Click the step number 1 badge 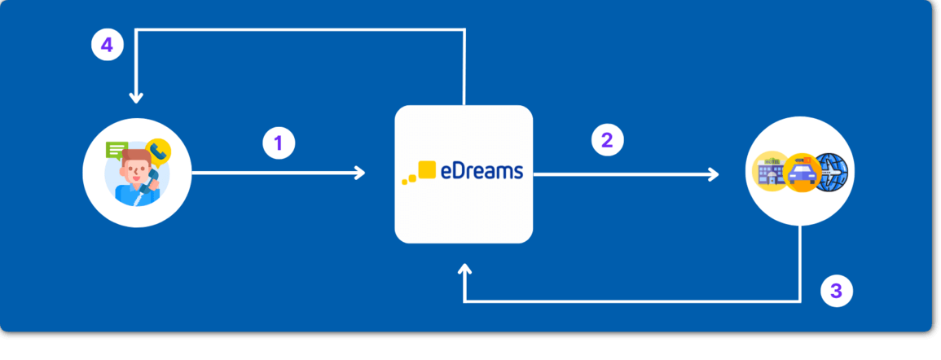click(279, 144)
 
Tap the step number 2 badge click(607, 140)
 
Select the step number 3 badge click(836, 289)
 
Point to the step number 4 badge click(107, 46)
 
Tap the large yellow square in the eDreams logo click(426, 169)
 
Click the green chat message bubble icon click(117, 151)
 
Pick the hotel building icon click(769, 169)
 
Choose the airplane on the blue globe click(831, 171)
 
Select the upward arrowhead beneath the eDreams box click(464, 270)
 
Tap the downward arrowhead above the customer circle click(136, 98)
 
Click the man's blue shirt click(130, 195)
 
